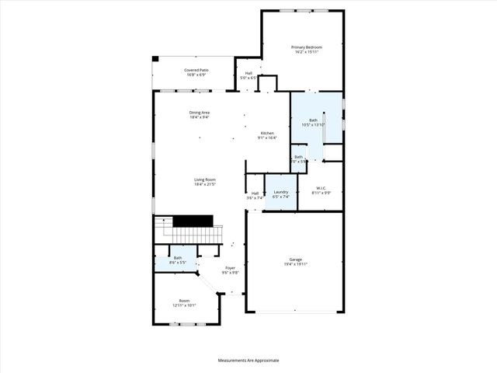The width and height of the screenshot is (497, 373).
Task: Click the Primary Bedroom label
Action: pos(307,47)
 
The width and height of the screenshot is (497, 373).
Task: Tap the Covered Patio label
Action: pos(196,70)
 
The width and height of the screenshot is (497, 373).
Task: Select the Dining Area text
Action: pos(200,113)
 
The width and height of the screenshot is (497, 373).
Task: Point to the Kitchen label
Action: pos(267,133)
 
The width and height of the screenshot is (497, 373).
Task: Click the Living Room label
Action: pos(204,180)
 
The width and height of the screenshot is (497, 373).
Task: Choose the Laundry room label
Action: pos(281,192)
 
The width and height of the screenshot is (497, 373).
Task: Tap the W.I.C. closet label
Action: pos(321,187)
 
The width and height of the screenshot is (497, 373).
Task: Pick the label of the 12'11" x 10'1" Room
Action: pos(184,301)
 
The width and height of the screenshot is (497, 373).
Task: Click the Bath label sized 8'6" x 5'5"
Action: pos(178,258)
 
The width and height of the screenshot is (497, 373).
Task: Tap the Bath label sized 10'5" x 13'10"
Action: pos(314,120)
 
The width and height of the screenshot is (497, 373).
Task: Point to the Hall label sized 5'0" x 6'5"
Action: pos(248,73)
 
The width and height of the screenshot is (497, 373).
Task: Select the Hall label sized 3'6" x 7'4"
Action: pos(255,193)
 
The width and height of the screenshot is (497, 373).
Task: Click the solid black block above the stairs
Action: pos(187,221)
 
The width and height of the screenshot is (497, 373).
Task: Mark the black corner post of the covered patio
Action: pos(155,58)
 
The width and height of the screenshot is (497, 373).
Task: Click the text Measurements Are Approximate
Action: pos(248,361)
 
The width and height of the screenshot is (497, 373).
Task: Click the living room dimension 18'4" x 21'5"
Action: pos(204,185)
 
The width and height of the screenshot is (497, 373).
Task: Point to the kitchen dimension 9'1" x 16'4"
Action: pos(267,138)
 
